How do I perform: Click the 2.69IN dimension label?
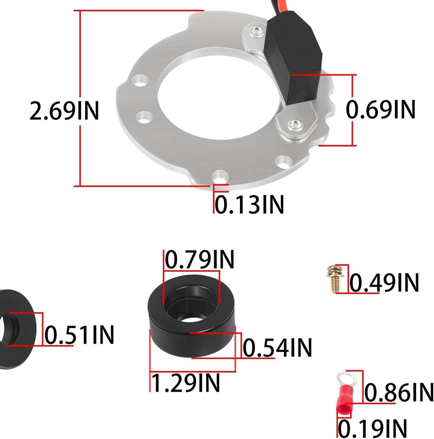click(64, 111)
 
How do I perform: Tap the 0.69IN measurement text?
click(380, 110)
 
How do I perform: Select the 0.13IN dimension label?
click(249, 204)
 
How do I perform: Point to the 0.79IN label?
click(200, 260)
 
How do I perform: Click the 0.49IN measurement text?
click(384, 283)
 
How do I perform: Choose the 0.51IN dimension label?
click(79, 336)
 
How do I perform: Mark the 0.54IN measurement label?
click(277, 348)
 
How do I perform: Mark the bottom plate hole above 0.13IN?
click(219, 177)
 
